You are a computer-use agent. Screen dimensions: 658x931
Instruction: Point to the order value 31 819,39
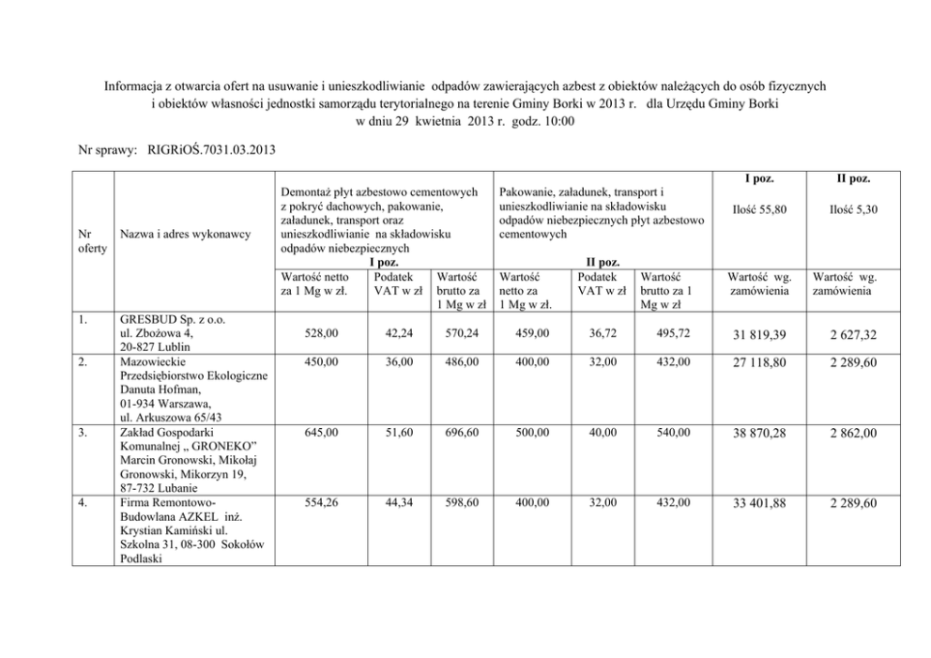[x=758, y=335]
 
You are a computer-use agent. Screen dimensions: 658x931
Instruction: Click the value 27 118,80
[x=758, y=362]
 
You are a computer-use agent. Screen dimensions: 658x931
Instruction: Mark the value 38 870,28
[x=758, y=434]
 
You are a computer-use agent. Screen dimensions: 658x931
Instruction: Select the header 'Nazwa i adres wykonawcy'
[x=186, y=234]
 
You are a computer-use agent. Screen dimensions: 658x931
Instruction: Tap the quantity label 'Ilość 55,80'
[x=758, y=209]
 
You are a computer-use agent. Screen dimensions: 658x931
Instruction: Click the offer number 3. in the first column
[x=84, y=432]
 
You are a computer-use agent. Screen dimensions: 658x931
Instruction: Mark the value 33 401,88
[x=758, y=505]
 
